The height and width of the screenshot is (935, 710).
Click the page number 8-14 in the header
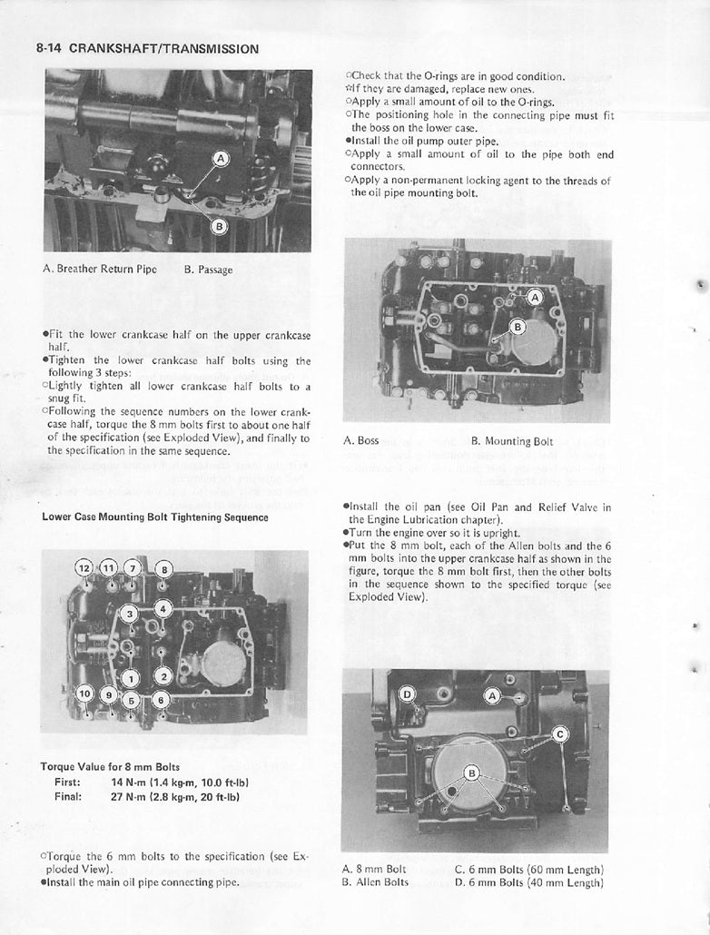pyautogui.click(x=49, y=48)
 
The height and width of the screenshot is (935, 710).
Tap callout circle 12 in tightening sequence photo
pyautogui.click(x=84, y=567)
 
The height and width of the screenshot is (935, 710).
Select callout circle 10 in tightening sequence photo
pyautogui.click(x=85, y=694)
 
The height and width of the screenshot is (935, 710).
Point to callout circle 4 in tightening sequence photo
pyautogui.click(x=163, y=608)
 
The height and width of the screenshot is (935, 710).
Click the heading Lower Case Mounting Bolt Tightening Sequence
pyautogui.click(x=155, y=517)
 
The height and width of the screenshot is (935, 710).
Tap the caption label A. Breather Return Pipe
pyautogui.click(x=100, y=269)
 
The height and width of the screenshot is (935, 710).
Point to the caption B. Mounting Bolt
pyautogui.click(x=512, y=441)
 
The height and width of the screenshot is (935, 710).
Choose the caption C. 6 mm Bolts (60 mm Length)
pyautogui.click(x=529, y=869)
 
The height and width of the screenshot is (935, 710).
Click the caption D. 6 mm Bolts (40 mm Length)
pyautogui.click(x=529, y=882)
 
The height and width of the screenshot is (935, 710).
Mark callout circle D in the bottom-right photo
pyautogui.click(x=408, y=695)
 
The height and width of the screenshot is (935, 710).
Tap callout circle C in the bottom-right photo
pyautogui.click(x=560, y=734)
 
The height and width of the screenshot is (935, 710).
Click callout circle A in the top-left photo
pyautogui.click(x=220, y=159)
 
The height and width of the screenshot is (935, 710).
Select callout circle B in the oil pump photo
pyautogui.click(x=518, y=326)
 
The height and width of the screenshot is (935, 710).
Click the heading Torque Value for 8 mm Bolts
pyautogui.click(x=110, y=766)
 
